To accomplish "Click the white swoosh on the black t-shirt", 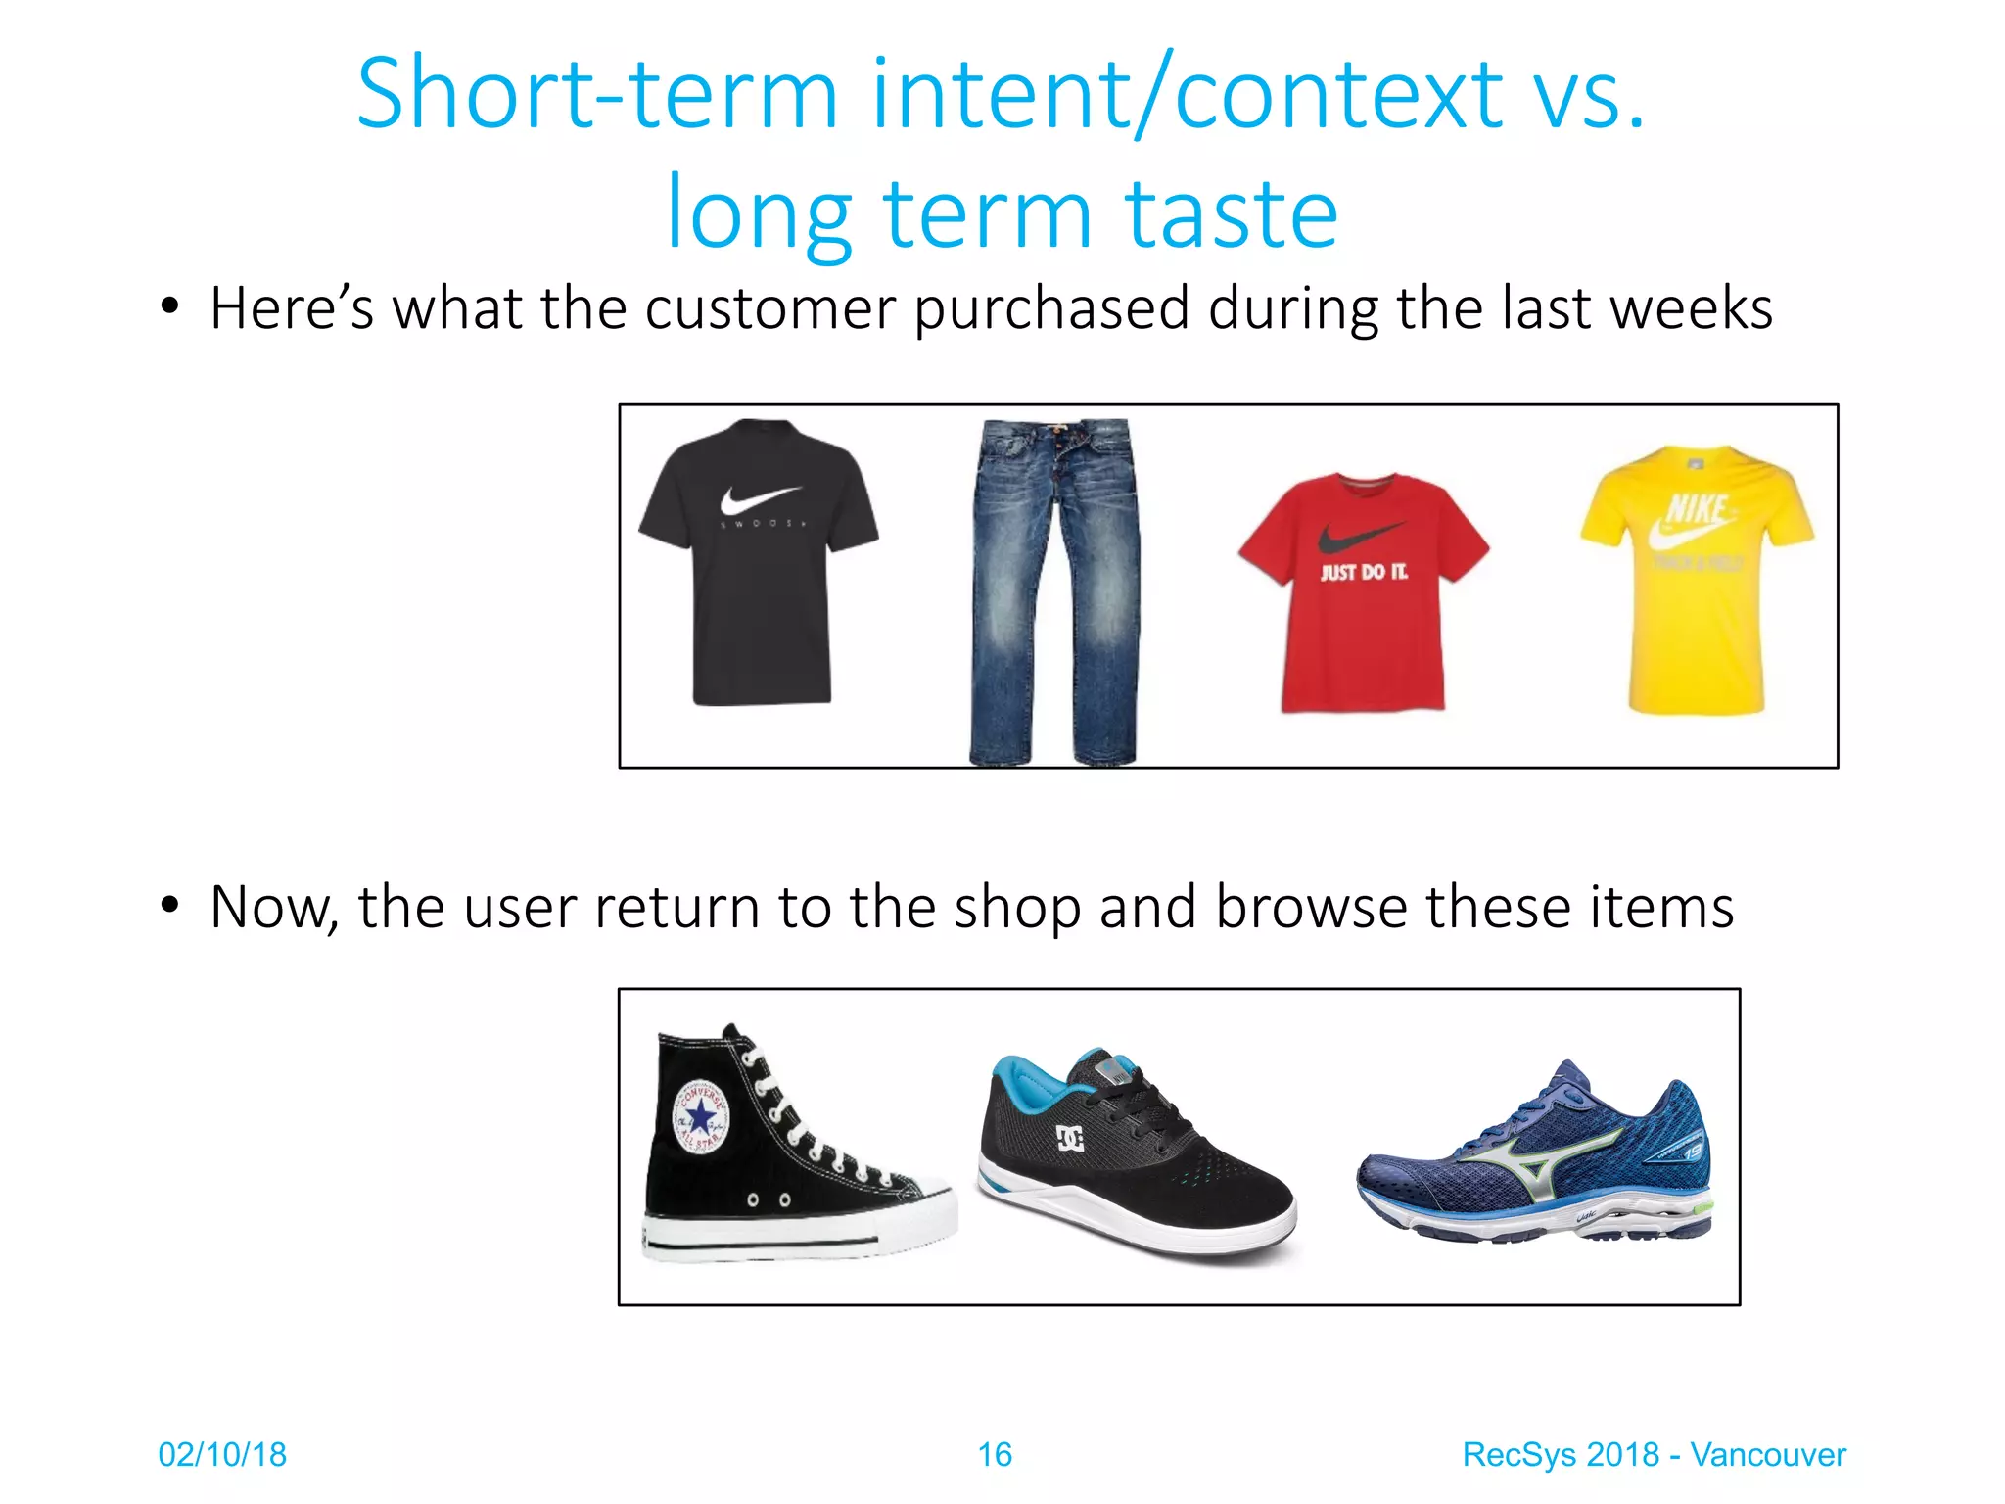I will (x=759, y=500).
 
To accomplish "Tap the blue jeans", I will (x=1053, y=587).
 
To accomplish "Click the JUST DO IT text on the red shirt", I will (x=1364, y=572).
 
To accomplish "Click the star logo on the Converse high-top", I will (x=701, y=1117).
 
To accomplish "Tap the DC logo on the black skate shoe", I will (x=1070, y=1138).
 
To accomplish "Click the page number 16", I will (x=995, y=1455).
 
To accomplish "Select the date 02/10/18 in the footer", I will (x=222, y=1455).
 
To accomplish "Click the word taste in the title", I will (x=1231, y=215).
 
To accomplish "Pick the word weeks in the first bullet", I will (x=1691, y=308).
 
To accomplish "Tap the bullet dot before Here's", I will (x=170, y=306).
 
